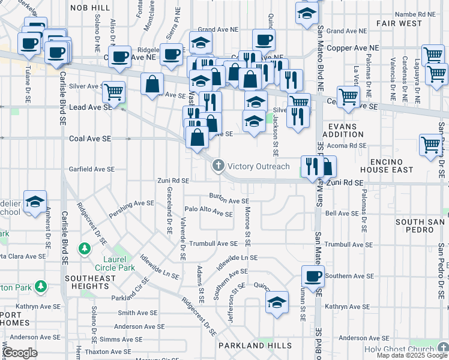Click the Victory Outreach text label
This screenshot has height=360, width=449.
259,166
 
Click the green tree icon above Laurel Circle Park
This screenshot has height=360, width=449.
85,248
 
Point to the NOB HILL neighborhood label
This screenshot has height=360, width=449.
90,7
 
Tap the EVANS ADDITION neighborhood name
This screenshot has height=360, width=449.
343,130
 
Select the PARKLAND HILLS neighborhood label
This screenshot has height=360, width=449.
250,346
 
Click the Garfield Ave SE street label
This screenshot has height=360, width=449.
91,169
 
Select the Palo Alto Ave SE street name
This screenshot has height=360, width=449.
208,213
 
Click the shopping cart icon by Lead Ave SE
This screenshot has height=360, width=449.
113,92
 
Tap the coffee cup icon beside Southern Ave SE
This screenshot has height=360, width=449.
313,277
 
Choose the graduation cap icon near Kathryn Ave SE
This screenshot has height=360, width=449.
277,303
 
